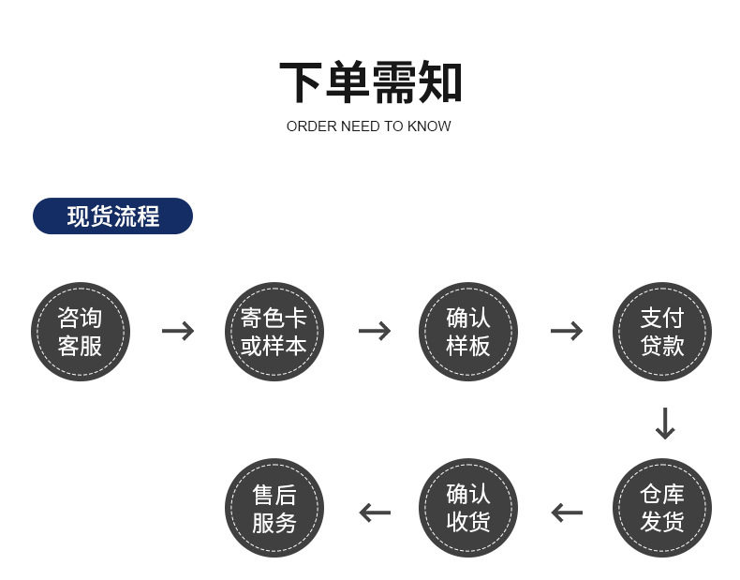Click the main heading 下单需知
[x=370, y=82]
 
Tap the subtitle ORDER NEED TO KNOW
[x=369, y=126]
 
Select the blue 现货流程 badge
[x=112, y=216]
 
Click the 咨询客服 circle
[x=81, y=331]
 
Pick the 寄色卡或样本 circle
[x=274, y=331]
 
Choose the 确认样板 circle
[x=467, y=331]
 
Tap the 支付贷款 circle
[x=662, y=331]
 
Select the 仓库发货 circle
[x=662, y=508]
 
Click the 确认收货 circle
[x=467, y=508]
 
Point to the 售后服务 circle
[x=274, y=508]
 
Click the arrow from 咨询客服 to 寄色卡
[x=178, y=331]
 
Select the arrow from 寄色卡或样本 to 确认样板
[x=374, y=331]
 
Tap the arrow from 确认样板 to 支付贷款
[x=566, y=331]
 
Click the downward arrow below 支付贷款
[x=664, y=424]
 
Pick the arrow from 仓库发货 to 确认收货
[x=566, y=513]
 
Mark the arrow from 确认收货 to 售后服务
[x=374, y=513]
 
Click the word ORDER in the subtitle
[x=307, y=126]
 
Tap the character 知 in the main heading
[x=440, y=82]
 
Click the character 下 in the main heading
[x=302, y=82]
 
